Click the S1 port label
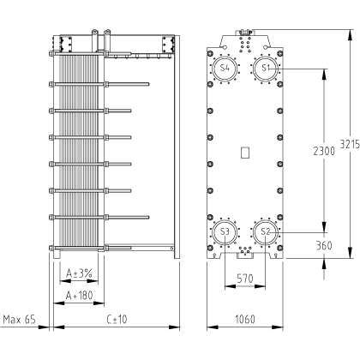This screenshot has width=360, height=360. pyautogui.click(x=266, y=68)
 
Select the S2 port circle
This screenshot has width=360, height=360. pyautogui.click(x=266, y=220)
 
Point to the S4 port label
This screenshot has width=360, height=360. pyautogui.click(x=225, y=68)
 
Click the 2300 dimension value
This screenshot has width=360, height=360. pyautogui.click(x=324, y=151)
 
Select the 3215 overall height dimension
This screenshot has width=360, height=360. pyautogui.click(x=350, y=144)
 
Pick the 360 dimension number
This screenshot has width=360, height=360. pyautogui.click(x=324, y=245)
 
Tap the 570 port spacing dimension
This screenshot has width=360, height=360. pyautogui.click(x=245, y=278)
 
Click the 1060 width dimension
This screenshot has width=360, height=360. pyautogui.click(x=245, y=319)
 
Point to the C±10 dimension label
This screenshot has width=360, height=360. pyautogui.click(x=117, y=319)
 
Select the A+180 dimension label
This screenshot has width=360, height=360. pyautogui.click(x=79, y=296)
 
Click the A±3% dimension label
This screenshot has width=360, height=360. pyautogui.click(x=79, y=273)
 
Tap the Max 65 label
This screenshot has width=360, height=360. pyautogui.click(x=20, y=319)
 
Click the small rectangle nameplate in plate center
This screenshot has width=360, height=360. pyautogui.click(x=245, y=153)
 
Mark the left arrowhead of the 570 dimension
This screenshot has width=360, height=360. pyautogui.click(x=231, y=286)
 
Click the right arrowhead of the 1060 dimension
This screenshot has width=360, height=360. pyautogui.click(x=278, y=327)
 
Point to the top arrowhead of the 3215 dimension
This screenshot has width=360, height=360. pyautogui.click(x=350, y=35)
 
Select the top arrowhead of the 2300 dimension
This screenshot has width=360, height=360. pyautogui.click(x=324, y=75)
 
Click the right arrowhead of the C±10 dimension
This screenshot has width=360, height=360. pyautogui.click(x=174, y=327)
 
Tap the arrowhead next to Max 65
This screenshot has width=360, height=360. pyautogui.click(x=44, y=327)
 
